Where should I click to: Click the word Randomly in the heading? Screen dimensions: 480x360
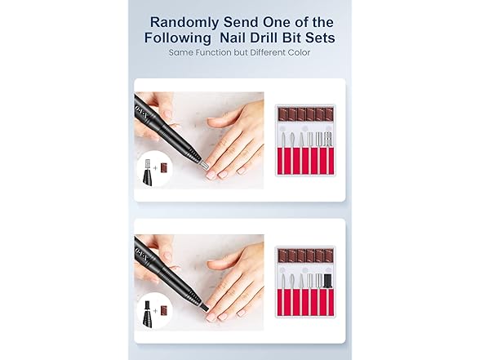click(184, 22)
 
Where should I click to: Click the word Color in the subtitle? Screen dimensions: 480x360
click(299, 52)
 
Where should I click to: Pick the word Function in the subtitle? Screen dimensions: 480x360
click(214, 52)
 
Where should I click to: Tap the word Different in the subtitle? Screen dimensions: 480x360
click(268, 52)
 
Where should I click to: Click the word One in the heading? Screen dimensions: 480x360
click(276, 22)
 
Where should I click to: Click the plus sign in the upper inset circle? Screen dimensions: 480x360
click(155, 168)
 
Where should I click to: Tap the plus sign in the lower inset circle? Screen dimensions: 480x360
click(155, 311)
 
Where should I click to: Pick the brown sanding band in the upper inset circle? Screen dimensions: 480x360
click(164, 168)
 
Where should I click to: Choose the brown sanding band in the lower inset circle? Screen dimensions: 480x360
click(164, 311)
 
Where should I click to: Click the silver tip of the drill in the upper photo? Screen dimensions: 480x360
click(204, 166)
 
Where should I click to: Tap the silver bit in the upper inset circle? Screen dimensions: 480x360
click(149, 164)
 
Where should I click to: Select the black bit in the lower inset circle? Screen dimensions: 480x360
click(149, 306)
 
